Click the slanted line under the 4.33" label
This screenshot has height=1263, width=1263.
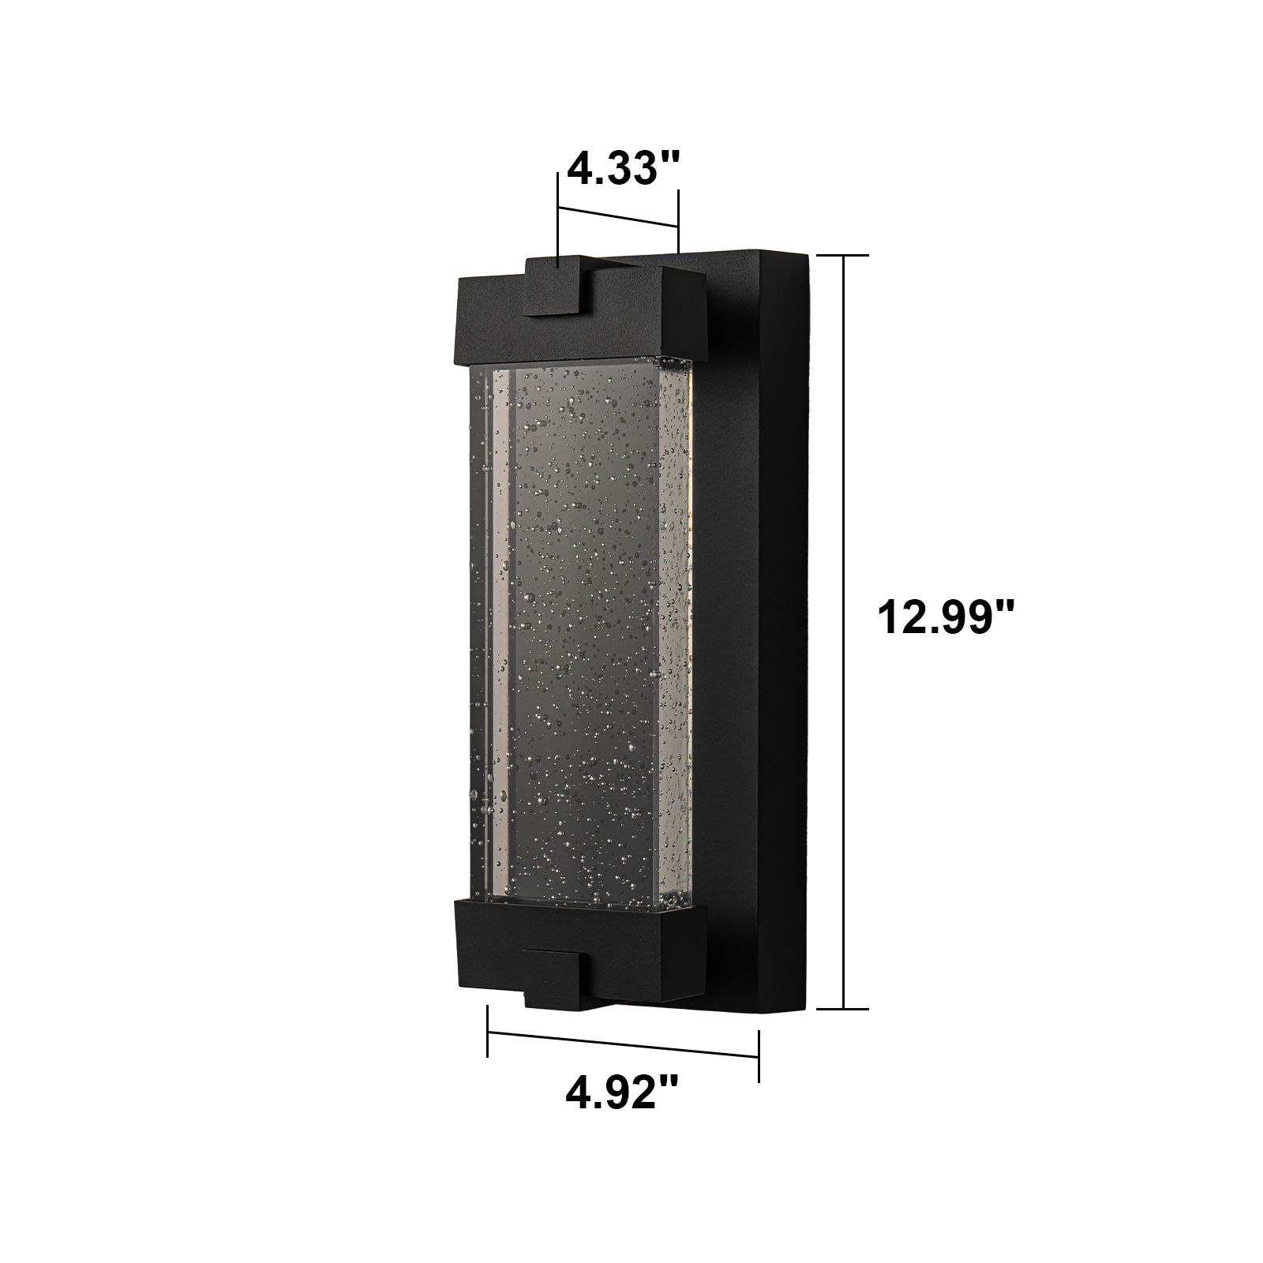coord(618,218)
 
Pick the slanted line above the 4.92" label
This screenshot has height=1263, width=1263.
coord(624,1044)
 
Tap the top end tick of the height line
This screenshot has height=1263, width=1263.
coord(843,256)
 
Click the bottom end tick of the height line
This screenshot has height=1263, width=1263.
coord(843,1009)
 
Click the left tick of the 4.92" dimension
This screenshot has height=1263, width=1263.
coord(488,1031)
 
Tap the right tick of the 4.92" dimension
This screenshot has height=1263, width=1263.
coord(759,1056)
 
